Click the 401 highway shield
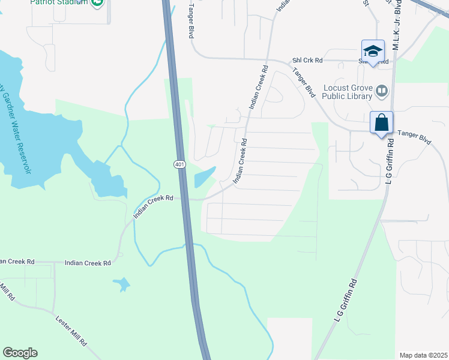click(x=181, y=164)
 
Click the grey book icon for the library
click(x=382, y=91)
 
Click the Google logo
click(x=20, y=353)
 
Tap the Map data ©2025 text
click(x=423, y=355)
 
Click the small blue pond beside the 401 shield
click(x=204, y=177)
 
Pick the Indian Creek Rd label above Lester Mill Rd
click(x=88, y=263)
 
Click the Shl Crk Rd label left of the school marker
click(x=307, y=60)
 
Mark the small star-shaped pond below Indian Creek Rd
click(x=121, y=284)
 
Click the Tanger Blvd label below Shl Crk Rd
click(x=304, y=82)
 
